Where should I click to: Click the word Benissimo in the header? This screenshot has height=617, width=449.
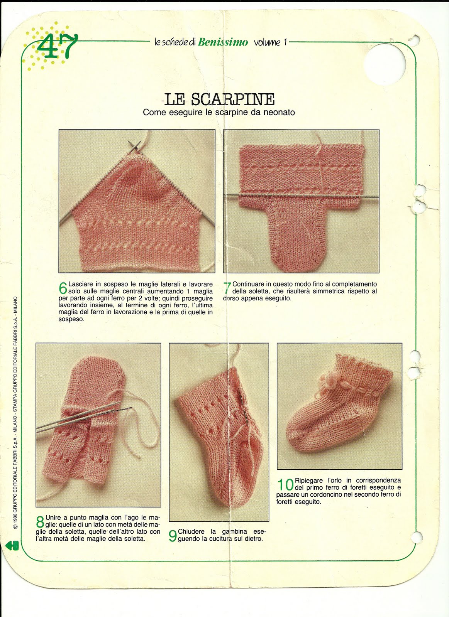(223, 42)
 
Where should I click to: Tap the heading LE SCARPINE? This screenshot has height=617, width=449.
(219, 99)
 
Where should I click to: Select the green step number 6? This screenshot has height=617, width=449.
(63, 288)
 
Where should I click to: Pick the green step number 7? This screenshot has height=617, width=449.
(227, 288)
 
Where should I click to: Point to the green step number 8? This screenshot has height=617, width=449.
(40, 522)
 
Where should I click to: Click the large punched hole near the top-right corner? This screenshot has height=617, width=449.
(385, 64)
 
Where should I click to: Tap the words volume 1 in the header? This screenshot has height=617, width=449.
(270, 42)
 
